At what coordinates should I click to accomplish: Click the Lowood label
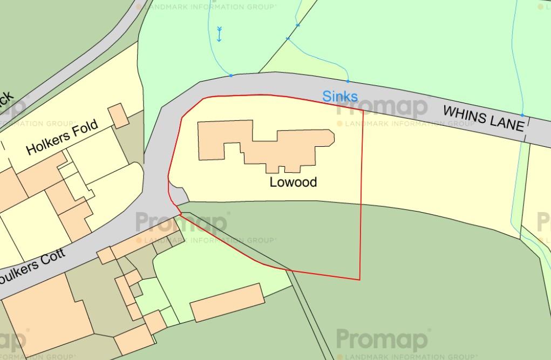pyautogui.click(x=293, y=182)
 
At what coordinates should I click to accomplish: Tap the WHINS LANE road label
pyautogui.click(x=484, y=118)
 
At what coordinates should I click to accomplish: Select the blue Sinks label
pyautogui.click(x=340, y=96)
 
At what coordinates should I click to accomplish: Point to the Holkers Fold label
pyautogui.click(x=62, y=138)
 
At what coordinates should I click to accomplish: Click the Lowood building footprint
pyautogui.click(x=264, y=143)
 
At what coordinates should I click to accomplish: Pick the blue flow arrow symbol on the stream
pyautogui.click(x=219, y=33)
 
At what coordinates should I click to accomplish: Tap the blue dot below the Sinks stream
pyautogui.click(x=348, y=81)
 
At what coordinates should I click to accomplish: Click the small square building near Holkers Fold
pyautogui.click(x=119, y=116)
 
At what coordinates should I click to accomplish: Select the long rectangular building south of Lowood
pyautogui.click(x=227, y=302)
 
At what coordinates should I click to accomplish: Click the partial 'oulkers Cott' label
pyautogui.click(x=32, y=262)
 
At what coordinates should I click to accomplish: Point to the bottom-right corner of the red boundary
pyautogui.click(x=359, y=280)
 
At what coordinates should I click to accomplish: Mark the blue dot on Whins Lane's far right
pyautogui.click(x=522, y=115)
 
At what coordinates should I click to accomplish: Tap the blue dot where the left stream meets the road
pyautogui.click(x=231, y=76)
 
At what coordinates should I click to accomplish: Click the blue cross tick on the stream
pyautogui.click(x=288, y=39)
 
